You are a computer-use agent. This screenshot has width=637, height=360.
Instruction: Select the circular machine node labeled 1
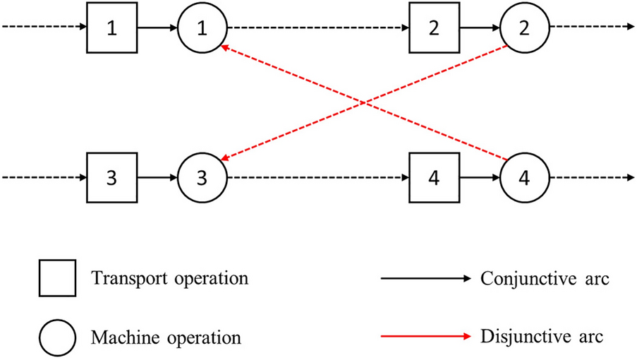point(202,29)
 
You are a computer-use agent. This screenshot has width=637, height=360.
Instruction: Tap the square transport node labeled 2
point(434,29)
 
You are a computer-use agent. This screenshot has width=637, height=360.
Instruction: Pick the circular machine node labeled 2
point(525,29)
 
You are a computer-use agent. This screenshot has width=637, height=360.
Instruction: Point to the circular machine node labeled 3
point(202,176)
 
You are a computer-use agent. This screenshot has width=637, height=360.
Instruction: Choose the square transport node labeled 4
point(434,176)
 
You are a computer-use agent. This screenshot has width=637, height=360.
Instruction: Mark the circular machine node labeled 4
point(525,176)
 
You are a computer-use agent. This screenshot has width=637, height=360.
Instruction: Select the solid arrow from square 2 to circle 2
point(479,29)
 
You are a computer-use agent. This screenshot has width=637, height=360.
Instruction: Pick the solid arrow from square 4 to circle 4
point(479,176)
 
